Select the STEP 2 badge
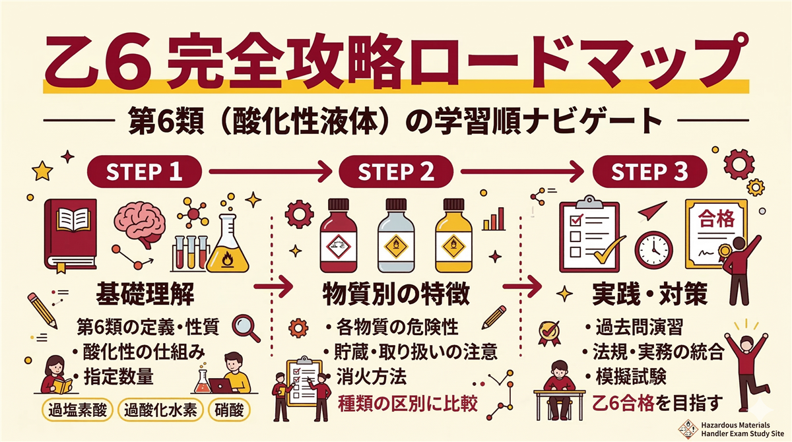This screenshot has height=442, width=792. [395, 172]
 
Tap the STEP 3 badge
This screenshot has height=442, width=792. [649, 172]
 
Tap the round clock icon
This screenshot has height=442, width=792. [653, 248]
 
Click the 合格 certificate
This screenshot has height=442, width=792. [717, 231]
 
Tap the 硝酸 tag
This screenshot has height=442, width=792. [230, 410]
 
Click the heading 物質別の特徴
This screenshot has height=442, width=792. [396, 294]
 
